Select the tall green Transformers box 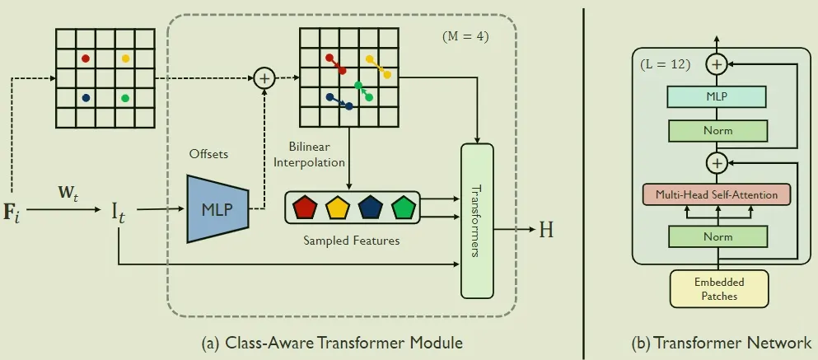(x=477, y=220)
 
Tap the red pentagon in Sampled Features (x=304, y=208)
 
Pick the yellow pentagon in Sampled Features (x=337, y=208)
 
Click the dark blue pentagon (x=370, y=208)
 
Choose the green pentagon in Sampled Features (x=403, y=208)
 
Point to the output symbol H (x=546, y=230)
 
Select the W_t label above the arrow (x=69, y=196)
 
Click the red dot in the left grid (x=86, y=58)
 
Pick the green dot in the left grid (x=125, y=98)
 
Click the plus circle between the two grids (x=264, y=78)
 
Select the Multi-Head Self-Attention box (x=716, y=194)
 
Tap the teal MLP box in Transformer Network (x=716, y=96)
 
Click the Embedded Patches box (x=719, y=288)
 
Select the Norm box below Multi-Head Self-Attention (x=716, y=237)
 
